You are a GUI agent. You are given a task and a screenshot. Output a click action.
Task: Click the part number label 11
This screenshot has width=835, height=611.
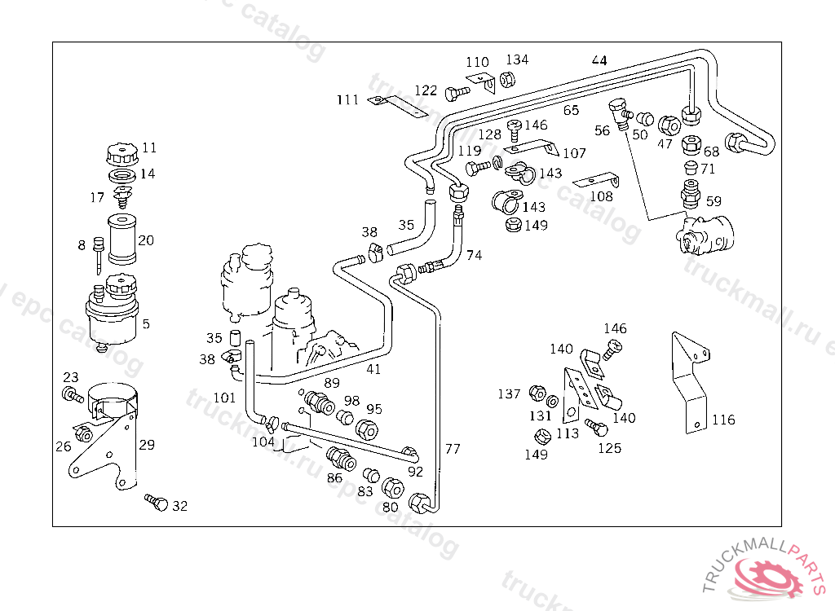point(149,148)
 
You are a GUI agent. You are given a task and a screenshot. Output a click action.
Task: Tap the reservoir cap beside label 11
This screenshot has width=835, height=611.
point(119,153)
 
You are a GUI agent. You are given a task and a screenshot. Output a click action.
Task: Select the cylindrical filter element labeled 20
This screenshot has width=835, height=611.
point(121,239)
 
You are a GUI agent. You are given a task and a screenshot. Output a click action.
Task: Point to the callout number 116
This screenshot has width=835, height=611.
point(723,420)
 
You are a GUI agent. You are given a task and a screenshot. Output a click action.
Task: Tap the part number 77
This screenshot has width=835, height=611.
point(453,449)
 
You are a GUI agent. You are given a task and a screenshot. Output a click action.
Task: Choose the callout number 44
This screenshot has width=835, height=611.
point(599,60)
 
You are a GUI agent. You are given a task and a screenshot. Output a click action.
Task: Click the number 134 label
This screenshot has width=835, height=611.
point(517,59)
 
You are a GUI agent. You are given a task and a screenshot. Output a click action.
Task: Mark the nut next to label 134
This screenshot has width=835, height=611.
point(506,79)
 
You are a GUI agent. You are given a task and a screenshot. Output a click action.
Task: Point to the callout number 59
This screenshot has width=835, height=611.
point(714,200)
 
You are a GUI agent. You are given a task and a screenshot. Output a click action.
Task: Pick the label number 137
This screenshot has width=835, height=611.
point(509,394)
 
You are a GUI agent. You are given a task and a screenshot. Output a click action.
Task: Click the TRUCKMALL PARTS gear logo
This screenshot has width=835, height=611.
point(767,574)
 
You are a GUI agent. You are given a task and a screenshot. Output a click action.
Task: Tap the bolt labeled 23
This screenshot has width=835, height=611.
point(71,396)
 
